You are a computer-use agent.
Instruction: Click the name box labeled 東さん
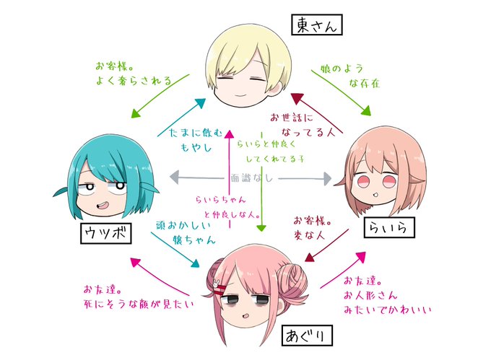point(316,25)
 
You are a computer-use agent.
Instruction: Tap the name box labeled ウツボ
point(105,233)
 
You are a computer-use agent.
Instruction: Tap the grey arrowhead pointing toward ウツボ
point(172,177)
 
